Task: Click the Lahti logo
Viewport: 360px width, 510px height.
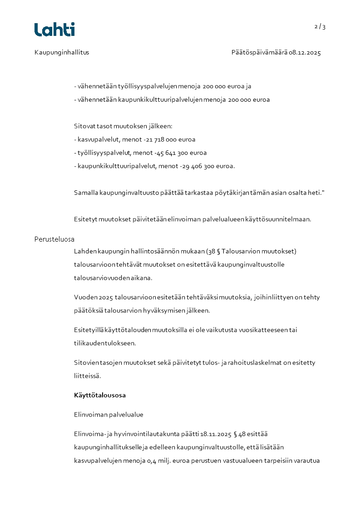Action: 54,30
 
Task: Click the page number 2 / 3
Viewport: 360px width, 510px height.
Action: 320,27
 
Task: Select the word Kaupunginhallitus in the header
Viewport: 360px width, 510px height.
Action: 62,53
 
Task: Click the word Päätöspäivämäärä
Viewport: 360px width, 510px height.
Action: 259,53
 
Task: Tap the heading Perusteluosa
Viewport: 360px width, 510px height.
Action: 54,239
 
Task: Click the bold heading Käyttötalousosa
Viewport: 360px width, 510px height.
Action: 100,395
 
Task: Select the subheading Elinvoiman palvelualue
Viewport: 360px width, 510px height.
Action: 108,415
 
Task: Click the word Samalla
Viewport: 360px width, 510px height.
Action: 86,193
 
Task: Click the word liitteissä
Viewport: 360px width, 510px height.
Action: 87,376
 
